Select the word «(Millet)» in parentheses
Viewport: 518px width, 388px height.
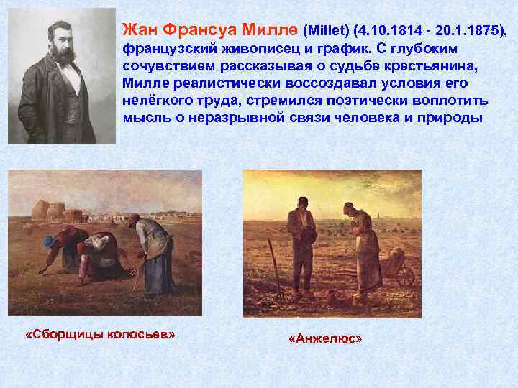pyautogui.click(x=327, y=31)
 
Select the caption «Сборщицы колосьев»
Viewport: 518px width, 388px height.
pyautogui.click(x=100, y=336)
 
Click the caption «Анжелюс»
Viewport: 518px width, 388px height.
pyautogui.click(x=324, y=338)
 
